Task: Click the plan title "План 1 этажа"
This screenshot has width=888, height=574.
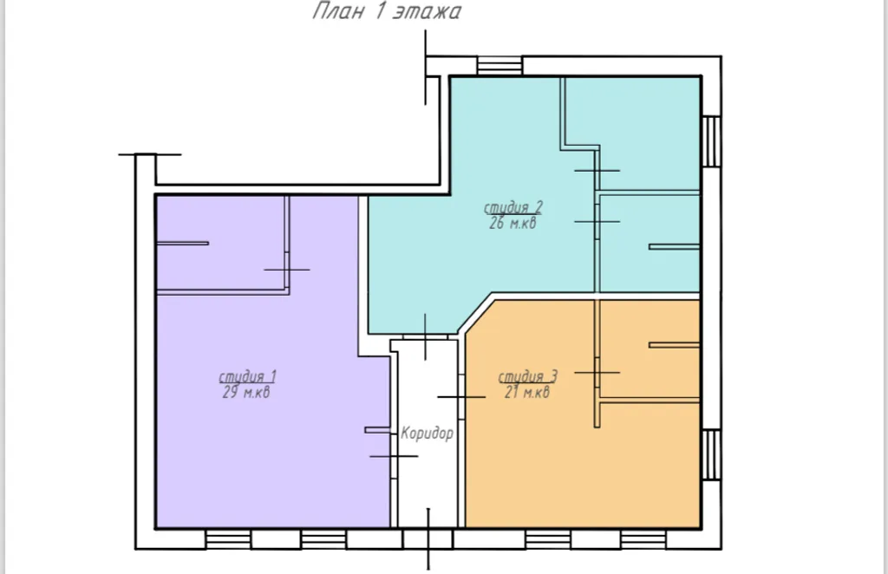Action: click(x=387, y=10)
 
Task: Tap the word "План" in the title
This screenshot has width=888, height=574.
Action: click(x=338, y=10)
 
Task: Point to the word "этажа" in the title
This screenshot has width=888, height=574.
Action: click(x=428, y=12)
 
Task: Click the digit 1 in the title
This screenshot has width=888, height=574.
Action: click(x=379, y=10)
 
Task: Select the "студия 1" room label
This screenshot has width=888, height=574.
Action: click(x=247, y=377)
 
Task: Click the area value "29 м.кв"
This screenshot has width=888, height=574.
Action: click(x=246, y=392)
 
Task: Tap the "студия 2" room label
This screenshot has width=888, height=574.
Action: click(x=513, y=208)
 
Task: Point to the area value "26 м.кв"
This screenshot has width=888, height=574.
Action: click(x=513, y=223)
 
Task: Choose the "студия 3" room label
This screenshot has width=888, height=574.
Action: click(x=528, y=377)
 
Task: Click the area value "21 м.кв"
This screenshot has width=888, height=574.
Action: click(x=527, y=392)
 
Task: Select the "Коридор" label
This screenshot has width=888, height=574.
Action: click(x=427, y=434)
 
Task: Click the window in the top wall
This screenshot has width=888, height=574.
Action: click(x=499, y=66)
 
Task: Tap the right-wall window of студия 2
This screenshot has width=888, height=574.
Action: click(x=711, y=141)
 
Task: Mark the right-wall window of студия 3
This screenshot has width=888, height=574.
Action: click(x=711, y=455)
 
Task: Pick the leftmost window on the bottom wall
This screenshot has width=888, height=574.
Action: click(x=228, y=539)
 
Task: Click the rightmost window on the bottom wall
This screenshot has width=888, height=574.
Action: click(x=643, y=539)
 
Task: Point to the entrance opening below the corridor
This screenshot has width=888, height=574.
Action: click(x=428, y=539)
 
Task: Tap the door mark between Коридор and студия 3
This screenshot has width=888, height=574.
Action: click(x=461, y=397)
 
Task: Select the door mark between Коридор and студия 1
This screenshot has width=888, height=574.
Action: click(x=395, y=456)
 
